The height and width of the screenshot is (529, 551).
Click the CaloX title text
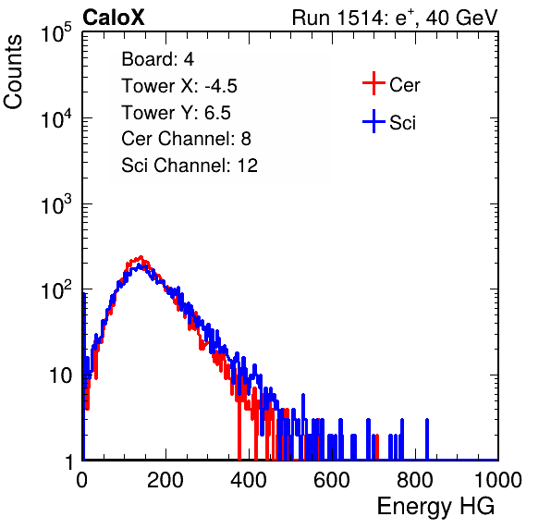[x=114, y=18]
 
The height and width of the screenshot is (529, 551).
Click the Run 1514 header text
[x=395, y=18]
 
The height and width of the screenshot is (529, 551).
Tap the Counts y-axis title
[x=13, y=72]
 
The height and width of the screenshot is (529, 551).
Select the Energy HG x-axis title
[x=435, y=507]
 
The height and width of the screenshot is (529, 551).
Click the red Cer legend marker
[x=373, y=83]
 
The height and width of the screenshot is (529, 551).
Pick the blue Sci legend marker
[x=373, y=121]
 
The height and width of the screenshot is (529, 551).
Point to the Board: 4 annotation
[x=158, y=59]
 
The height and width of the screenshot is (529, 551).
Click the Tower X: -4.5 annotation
[x=179, y=86]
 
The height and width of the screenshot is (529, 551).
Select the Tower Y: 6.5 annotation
[x=176, y=113]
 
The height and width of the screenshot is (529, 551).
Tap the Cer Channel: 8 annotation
[x=186, y=139]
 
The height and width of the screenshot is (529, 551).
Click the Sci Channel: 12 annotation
[x=190, y=166]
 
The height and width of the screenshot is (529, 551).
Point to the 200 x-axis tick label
[x=165, y=480]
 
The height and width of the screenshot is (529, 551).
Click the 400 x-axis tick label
[x=249, y=480]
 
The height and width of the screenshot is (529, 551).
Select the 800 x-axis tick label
[x=415, y=480]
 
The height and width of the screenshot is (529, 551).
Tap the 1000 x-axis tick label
[x=498, y=480]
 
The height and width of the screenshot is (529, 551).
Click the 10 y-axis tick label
[x=61, y=375]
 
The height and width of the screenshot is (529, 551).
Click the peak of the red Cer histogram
[x=141, y=257]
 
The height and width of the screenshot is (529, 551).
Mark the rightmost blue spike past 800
[x=427, y=438]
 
